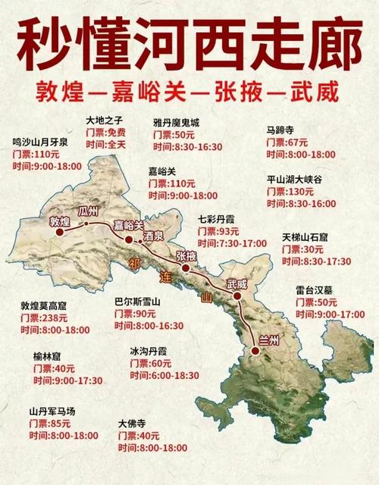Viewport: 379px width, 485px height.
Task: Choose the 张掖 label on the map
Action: [x=186, y=256]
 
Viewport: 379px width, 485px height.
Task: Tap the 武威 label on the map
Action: [x=236, y=285]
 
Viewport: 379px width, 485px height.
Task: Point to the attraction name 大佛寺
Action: [x=133, y=424]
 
